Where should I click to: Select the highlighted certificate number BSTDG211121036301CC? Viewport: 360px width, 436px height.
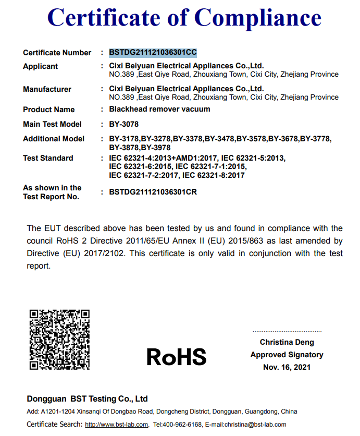point(153,53)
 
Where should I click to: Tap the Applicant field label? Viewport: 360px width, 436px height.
point(41,66)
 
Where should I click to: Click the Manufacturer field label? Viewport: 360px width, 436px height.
point(47,89)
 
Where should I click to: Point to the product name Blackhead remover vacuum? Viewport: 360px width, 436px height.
point(159,109)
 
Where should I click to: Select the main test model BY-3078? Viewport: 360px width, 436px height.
point(123,124)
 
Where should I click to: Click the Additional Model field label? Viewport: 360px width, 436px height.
point(54,139)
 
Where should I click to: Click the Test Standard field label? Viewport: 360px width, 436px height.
point(48,158)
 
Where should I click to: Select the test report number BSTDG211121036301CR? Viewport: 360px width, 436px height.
point(153,192)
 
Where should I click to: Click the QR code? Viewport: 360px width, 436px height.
point(59,339)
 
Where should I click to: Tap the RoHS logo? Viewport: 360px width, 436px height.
point(177,357)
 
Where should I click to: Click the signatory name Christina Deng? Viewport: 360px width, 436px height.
point(287,342)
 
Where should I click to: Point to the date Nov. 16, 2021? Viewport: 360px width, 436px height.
point(287,367)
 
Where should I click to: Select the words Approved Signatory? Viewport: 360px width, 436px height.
point(287,355)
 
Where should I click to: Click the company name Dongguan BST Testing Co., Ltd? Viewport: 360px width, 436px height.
point(88,399)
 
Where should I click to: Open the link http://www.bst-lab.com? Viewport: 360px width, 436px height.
point(117,425)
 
